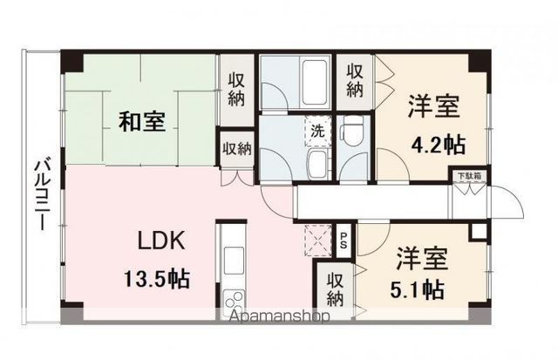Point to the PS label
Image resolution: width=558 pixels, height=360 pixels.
[345, 239]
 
